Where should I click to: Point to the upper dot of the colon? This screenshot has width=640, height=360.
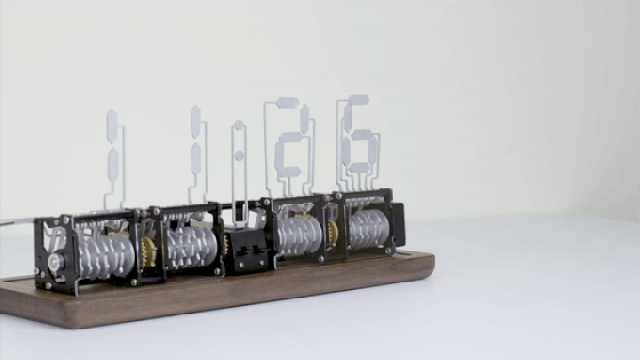pyautogui.click(x=239, y=125)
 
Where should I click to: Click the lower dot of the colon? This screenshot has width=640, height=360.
pyautogui.click(x=239, y=156)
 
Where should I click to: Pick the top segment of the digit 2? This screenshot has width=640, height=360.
pyautogui.click(x=288, y=102)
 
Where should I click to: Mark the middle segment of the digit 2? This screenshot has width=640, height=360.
pyautogui.click(x=291, y=137)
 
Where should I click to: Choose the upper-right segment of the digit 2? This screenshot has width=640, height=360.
pyautogui.click(x=304, y=118)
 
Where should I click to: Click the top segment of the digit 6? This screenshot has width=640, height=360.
pyautogui.click(x=357, y=100)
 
